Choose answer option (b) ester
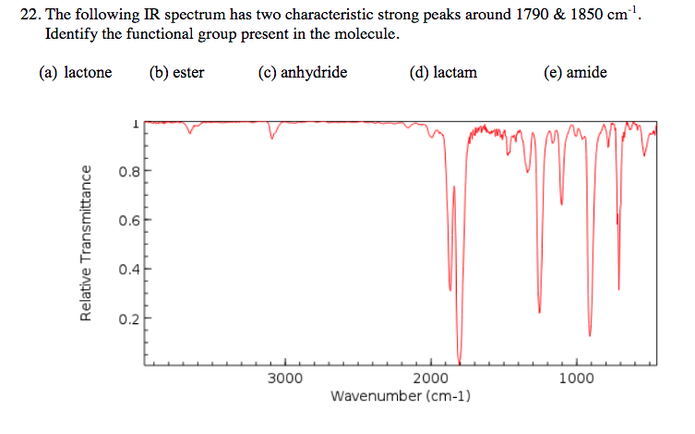176,72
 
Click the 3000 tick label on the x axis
285,378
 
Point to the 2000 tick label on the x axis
431,378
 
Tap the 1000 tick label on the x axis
577,378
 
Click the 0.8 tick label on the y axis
127,171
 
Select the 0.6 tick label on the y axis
127,221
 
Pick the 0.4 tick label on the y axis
127,271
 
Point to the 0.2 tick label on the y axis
127,319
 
